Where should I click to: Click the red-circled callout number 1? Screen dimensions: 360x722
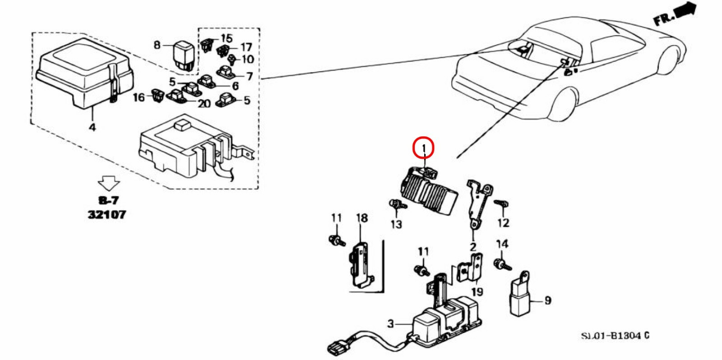[423, 148]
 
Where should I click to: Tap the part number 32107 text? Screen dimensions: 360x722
[107, 214]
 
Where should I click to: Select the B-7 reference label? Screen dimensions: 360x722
[108, 200]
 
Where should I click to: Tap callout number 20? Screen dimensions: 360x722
[204, 103]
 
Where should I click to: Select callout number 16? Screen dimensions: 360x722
[139, 97]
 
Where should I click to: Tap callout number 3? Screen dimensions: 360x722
[390, 323]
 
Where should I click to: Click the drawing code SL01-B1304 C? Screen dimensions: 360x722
[615, 336]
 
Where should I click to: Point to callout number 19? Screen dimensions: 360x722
[477, 292]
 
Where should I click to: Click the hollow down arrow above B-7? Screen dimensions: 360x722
[109, 183]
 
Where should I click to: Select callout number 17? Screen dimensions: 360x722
[246, 47]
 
